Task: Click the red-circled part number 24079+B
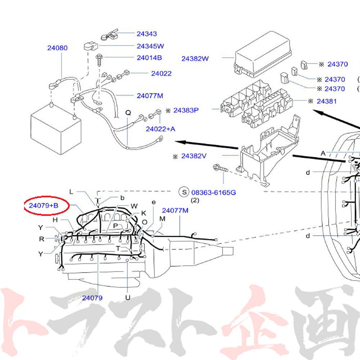coord(43,206)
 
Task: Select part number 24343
coord(147,34)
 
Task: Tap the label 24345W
coord(150,46)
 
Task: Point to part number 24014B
coord(149,58)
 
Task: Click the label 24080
coord(57,48)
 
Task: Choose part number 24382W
coord(195,58)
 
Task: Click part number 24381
coord(327,101)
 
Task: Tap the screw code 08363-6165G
coord(213,192)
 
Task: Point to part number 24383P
coord(186,110)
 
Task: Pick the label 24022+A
coord(160,129)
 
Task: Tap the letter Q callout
coord(128,112)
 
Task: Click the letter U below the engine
coord(127,298)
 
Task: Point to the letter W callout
coord(134,206)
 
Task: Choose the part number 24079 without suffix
coord(92,298)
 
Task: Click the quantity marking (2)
coord(195,201)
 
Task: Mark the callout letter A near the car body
coord(323,153)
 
